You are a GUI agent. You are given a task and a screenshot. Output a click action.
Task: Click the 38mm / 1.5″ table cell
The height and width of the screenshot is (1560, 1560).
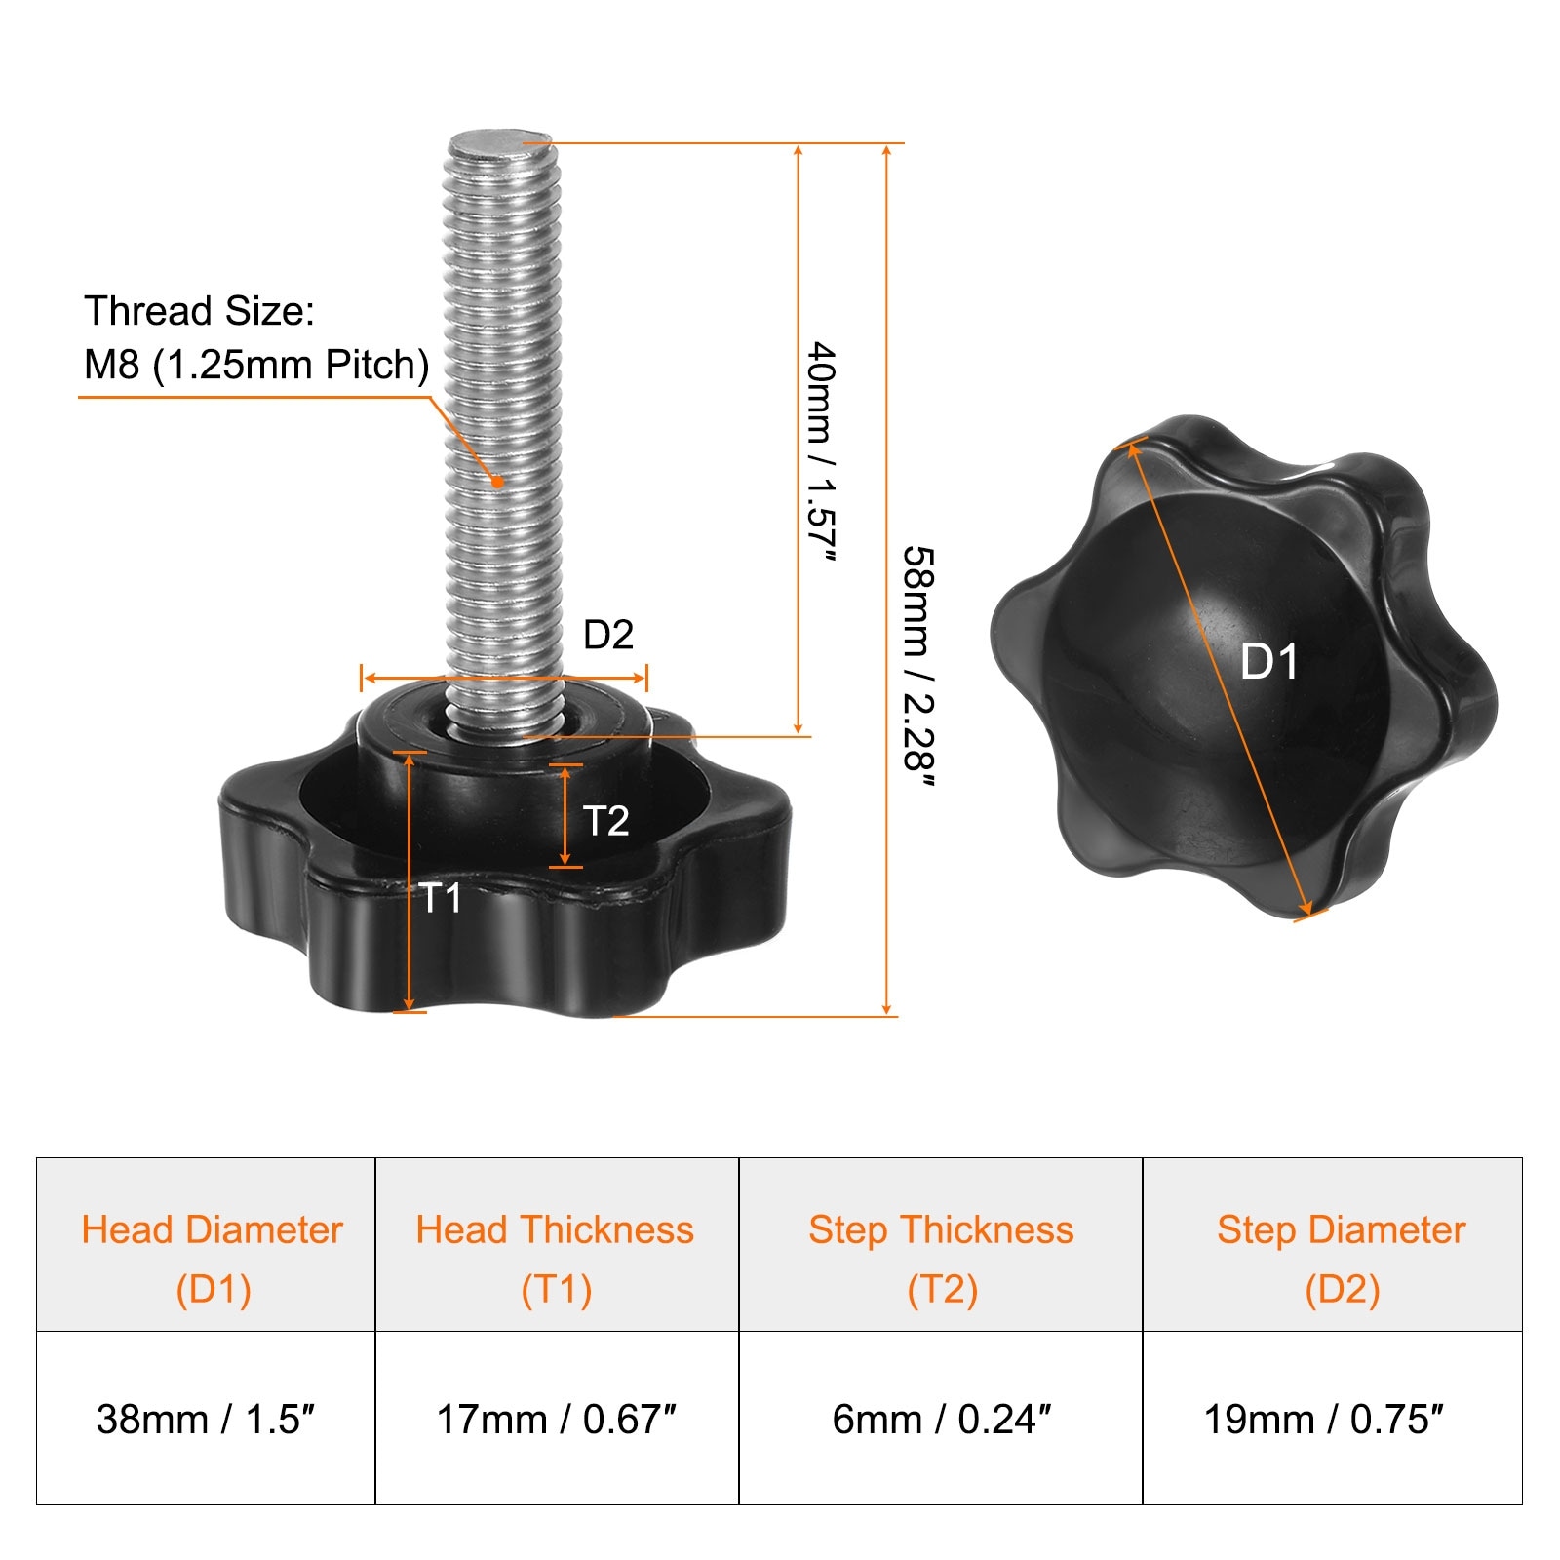(206, 1419)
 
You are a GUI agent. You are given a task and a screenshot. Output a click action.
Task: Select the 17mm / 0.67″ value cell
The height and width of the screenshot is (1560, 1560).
(557, 1419)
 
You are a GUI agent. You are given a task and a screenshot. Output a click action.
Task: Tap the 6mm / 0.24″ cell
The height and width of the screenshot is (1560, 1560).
(941, 1419)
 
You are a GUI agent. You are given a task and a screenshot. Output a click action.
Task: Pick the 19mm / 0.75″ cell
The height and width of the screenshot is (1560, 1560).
(1332, 1419)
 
